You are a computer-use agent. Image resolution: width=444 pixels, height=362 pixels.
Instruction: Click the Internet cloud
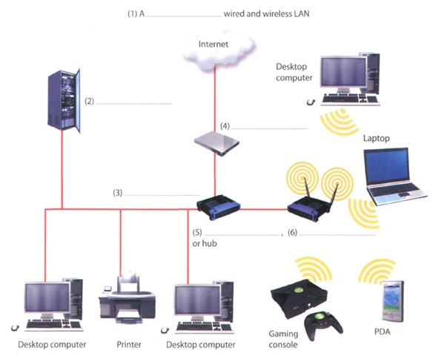coord(214,47)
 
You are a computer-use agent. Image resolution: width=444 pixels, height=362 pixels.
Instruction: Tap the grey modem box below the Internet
coord(216,142)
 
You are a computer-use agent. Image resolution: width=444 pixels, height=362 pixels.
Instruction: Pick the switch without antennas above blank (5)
coord(216,208)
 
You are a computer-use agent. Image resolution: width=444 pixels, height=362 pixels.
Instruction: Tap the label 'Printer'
coord(128,344)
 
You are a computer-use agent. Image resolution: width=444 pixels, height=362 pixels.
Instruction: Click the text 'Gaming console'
coord(282,340)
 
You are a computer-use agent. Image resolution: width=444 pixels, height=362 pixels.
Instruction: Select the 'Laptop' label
coord(376,138)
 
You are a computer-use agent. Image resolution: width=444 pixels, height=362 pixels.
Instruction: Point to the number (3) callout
coord(117,193)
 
